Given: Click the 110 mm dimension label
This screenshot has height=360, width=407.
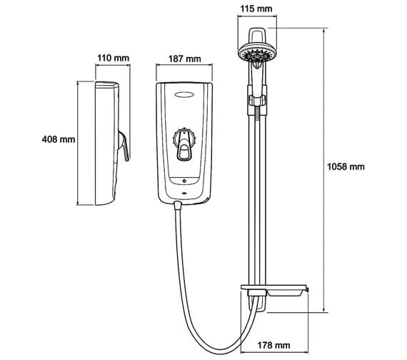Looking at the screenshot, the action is (113, 58).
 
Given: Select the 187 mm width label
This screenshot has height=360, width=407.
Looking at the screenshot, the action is (184, 59).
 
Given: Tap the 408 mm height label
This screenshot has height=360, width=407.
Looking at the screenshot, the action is (59, 139).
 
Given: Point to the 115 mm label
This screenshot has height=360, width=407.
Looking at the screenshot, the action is (256, 9).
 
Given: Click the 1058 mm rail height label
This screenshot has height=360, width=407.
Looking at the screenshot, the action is (346, 166).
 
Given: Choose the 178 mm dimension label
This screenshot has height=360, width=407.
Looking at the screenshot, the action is (273, 345).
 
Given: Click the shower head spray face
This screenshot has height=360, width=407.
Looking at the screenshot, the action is (257, 54).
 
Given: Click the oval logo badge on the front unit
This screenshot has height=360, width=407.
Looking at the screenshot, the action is (184, 95).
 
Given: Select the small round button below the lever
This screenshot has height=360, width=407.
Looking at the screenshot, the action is (184, 181).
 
